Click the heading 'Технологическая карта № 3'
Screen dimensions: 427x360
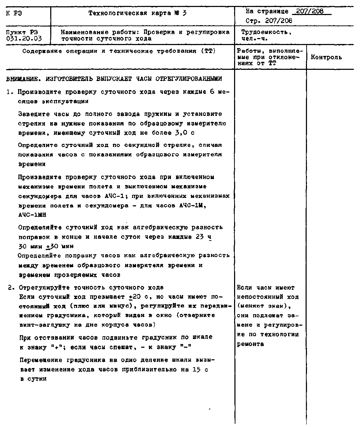(137, 13)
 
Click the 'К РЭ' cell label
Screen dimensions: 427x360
(14, 13)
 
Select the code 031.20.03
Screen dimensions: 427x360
(24, 39)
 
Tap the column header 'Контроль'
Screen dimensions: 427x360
(326, 57)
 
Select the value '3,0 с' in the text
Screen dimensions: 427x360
(186, 133)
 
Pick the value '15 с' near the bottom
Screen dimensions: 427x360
(199, 369)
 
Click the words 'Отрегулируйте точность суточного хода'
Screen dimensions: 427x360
(91, 288)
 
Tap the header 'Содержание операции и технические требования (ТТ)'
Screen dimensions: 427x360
(119, 51)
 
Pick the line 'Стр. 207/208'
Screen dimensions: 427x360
(269, 21)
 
